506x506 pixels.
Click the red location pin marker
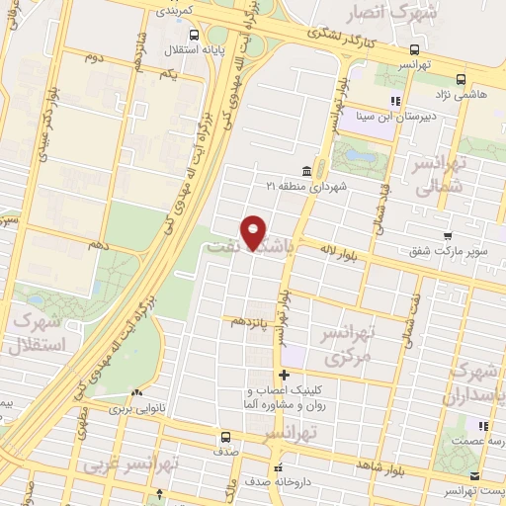254,232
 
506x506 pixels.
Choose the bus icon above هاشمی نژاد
461,80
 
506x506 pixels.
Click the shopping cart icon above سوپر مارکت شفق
448,236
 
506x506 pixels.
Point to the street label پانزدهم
250,323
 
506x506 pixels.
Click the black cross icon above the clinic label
284,375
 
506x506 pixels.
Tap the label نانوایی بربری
132,407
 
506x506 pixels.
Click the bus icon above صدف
227,437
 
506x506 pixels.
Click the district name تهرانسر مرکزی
349,347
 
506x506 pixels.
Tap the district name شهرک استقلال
38,334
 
